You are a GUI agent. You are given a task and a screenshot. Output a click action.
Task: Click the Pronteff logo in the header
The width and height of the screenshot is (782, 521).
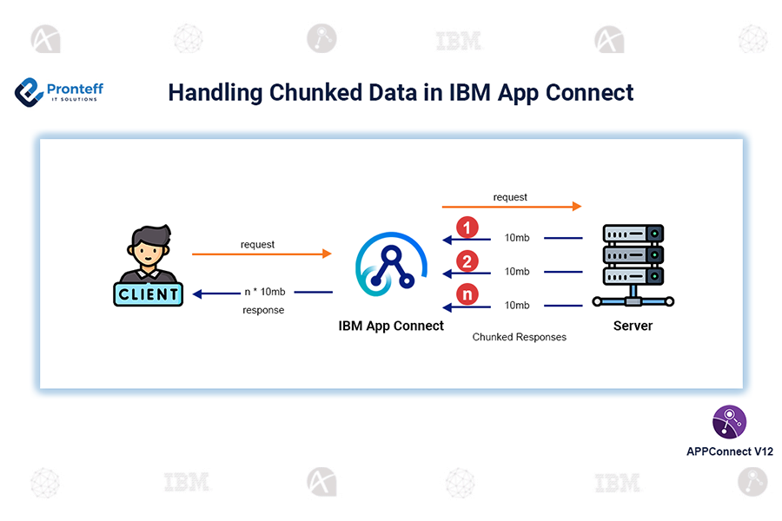[59, 91]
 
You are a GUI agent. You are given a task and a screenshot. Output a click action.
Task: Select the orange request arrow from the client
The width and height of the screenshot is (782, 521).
[262, 254]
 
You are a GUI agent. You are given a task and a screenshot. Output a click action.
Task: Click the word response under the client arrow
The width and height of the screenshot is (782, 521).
[263, 310]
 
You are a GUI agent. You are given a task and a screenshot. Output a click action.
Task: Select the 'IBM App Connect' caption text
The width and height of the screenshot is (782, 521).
[391, 326]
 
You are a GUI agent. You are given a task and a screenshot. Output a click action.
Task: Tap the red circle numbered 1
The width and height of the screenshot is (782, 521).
[467, 228]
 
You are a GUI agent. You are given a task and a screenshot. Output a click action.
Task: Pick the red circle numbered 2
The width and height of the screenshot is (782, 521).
[467, 261]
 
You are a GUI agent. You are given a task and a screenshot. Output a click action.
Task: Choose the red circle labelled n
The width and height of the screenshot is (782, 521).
[467, 295]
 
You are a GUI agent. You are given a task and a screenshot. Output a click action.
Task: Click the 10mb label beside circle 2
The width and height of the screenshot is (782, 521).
[517, 272]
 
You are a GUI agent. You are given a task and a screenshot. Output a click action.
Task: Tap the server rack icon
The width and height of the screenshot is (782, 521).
[633, 264]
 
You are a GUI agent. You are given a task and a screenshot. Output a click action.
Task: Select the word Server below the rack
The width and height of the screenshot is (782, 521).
[633, 326]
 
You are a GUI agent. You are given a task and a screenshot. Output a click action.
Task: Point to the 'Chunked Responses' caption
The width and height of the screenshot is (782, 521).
[519, 337]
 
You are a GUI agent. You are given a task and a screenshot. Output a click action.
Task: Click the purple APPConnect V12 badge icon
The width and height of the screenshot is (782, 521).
[729, 422]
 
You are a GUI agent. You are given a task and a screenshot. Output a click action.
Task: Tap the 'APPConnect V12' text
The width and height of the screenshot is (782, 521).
[729, 452]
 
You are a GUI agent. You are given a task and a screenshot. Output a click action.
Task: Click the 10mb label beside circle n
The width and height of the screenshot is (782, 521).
[517, 305]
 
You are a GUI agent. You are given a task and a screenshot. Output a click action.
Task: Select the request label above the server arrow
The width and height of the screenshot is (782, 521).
[510, 197]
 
